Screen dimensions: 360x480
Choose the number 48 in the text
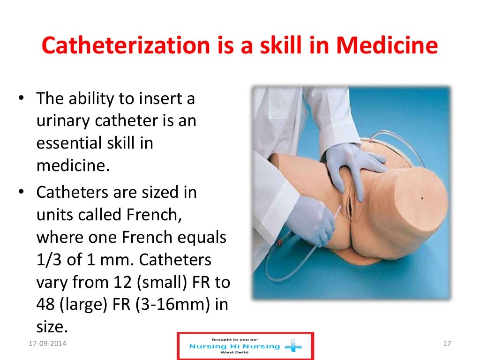point(45,304)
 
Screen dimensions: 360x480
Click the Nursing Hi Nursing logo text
point(234,347)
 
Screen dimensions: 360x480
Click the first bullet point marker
point(22,99)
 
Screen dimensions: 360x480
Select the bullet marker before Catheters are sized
point(22,193)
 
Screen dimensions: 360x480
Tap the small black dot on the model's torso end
point(422,198)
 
